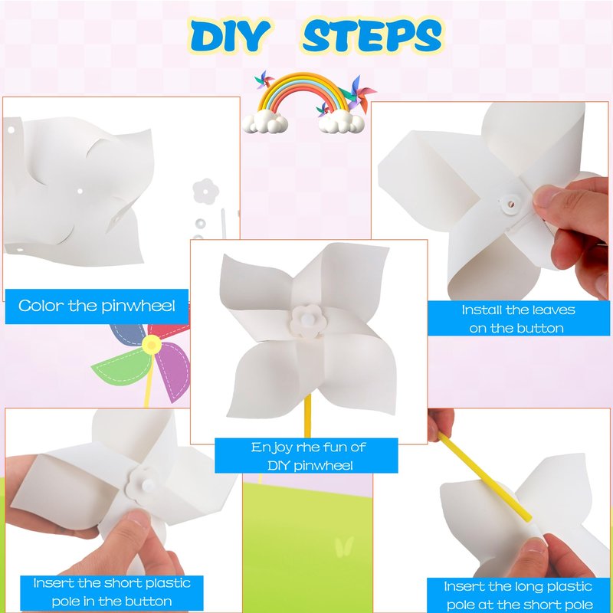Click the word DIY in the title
(x=230, y=35)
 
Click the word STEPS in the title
(x=372, y=35)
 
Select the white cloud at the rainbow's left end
(x=264, y=121)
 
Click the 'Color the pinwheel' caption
(x=97, y=306)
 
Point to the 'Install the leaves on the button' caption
(x=519, y=319)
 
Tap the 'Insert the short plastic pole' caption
(x=112, y=592)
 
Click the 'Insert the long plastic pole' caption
(x=519, y=595)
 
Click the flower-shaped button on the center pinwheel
(x=308, y=321)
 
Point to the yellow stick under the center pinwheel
(x=307, y=415)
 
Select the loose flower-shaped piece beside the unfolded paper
(x=205, y=191)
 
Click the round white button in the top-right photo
(x=510, y=203)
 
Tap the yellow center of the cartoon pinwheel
(x=151, y=344)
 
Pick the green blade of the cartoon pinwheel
(x=121, y=368)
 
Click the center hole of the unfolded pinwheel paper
(x=80, y=192)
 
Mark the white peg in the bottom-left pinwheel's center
(x=148, y=485)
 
